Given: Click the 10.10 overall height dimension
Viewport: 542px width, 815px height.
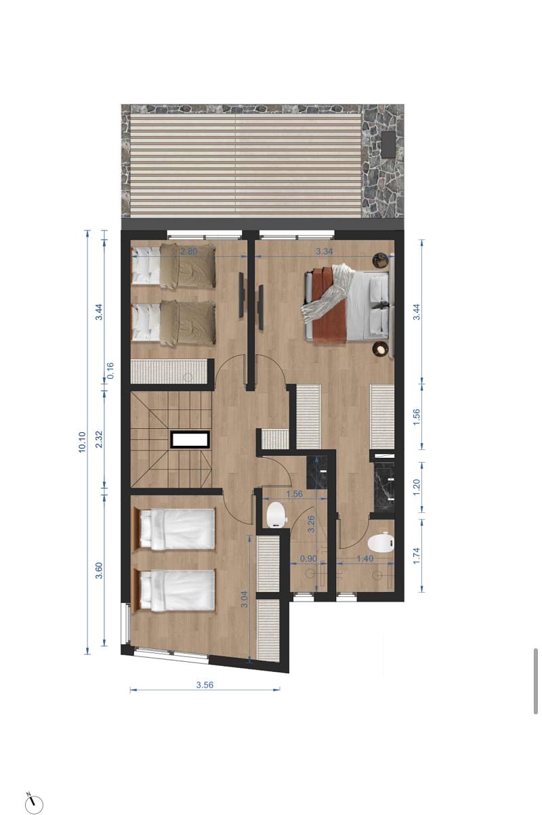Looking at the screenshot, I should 83,442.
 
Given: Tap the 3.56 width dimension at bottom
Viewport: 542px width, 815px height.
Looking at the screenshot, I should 205,685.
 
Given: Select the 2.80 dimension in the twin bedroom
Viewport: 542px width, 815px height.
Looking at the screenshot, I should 188,251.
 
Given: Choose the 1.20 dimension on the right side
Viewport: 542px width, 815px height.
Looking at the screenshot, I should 417,485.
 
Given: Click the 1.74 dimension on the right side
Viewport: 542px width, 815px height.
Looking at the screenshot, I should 417,555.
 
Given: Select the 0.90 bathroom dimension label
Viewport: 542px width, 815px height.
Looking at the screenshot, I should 308,559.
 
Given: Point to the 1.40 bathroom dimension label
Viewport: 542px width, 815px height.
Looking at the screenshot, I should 365,559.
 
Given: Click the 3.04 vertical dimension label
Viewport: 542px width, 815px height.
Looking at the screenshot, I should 245,600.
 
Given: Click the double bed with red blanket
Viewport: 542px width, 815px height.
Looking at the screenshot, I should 349,305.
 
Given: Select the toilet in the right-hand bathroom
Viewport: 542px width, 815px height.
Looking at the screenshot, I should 381,543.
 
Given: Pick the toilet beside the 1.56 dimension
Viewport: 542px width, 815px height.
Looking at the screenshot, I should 277,515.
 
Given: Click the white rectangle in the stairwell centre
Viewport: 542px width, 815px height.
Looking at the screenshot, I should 189,440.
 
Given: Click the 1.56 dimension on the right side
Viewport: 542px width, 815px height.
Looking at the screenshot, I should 417,415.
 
